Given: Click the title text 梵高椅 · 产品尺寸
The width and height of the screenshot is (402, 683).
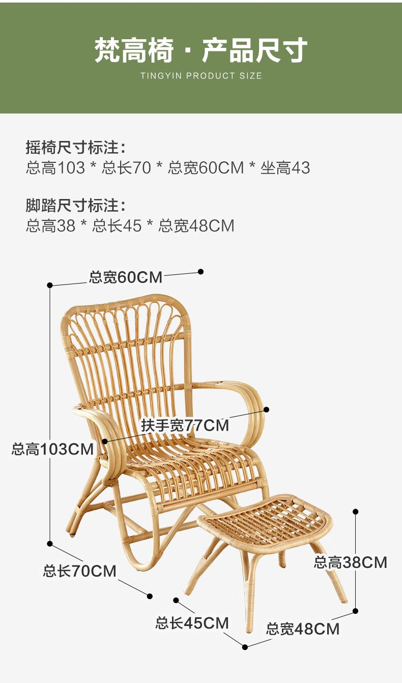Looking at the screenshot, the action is [201, 51].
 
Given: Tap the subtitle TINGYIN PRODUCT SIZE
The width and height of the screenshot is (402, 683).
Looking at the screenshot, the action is [201, 76].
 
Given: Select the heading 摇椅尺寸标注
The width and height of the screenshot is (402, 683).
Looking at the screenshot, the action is [75, 148].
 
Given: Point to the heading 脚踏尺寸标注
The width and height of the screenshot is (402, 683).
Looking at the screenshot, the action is [75, 206].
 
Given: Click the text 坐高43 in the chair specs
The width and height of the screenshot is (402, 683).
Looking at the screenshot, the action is [285, 168].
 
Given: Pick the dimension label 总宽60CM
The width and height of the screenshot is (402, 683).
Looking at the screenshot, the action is [126, 277].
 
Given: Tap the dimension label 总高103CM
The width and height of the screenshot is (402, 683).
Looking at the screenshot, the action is [52, 449].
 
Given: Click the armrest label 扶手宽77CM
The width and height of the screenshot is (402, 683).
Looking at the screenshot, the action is [185, 425].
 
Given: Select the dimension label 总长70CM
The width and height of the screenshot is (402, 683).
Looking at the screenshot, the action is [79, 571].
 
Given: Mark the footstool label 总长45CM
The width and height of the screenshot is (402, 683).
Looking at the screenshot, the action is [192, 623].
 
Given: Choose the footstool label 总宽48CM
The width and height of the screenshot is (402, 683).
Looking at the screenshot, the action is [302, 629].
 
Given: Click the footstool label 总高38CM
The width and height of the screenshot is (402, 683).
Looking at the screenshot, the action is [350, 562].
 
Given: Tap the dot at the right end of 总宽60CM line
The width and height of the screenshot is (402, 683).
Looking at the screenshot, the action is [201, 272].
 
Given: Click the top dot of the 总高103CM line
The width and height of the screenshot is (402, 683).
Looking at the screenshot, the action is [50, 285].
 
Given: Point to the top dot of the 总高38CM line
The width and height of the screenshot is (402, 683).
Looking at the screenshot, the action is [356, 511].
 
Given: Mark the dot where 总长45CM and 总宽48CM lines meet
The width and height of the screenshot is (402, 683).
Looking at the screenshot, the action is [245, 647].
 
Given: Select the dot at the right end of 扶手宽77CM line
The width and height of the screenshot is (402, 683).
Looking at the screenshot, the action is [266, 409].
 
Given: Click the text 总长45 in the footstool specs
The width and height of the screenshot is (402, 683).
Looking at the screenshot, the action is [117, 226].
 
